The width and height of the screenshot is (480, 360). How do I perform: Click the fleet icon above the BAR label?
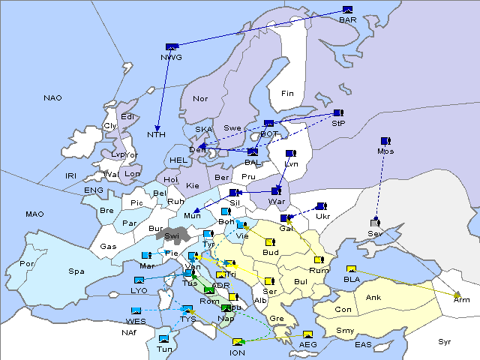(x=347, y=10)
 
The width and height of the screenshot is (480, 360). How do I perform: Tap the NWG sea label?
(x=171, y=57)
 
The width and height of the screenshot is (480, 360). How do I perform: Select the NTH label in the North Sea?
(x=156, y=135)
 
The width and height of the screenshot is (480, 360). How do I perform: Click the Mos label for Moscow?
(x=386, y=151)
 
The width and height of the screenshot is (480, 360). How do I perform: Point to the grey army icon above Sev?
(x=375, y=223)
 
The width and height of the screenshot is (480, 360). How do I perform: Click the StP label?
(x=338, y=124)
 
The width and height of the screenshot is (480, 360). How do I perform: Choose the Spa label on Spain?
(x=76, y=271)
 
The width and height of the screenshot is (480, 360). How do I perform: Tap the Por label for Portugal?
(x=28, y=264)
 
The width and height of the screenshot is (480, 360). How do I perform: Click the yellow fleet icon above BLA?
(x=351, y=269)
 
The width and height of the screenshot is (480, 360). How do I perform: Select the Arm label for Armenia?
(x=462, y=298)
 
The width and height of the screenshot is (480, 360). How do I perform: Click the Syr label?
(x=445, y=341)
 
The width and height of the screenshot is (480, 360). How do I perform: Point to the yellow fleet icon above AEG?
(x=307, y=334)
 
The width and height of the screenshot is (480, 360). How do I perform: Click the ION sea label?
(x=237, y=352)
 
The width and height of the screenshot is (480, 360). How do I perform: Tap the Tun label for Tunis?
(x=164, y=349)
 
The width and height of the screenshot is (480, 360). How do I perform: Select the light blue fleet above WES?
(x=136, y=310)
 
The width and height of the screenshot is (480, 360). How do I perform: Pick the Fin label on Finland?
(x=287, y=94)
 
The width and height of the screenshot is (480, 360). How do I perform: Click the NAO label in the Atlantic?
(x=53, y=98)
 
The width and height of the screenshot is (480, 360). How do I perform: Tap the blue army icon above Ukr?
(x=322, y=206)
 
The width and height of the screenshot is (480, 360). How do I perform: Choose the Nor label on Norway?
(x=200, y=98)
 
